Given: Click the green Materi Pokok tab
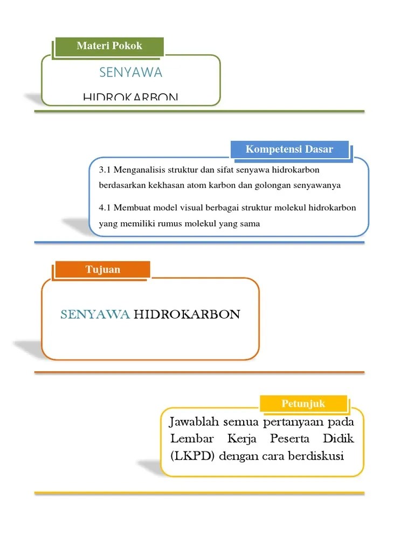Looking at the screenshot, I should coord(109,46).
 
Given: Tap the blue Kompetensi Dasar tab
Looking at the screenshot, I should coord(289,149).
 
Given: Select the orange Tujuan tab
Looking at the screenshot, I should coord(102,269).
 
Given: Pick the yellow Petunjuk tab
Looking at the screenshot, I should coord(303,403).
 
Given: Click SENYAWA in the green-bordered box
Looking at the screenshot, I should coord(131,72).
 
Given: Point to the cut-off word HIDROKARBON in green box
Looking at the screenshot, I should coord(130,97).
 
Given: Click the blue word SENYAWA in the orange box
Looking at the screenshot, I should coord(95,314).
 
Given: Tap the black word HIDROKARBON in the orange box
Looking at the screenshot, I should coord(187,314).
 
